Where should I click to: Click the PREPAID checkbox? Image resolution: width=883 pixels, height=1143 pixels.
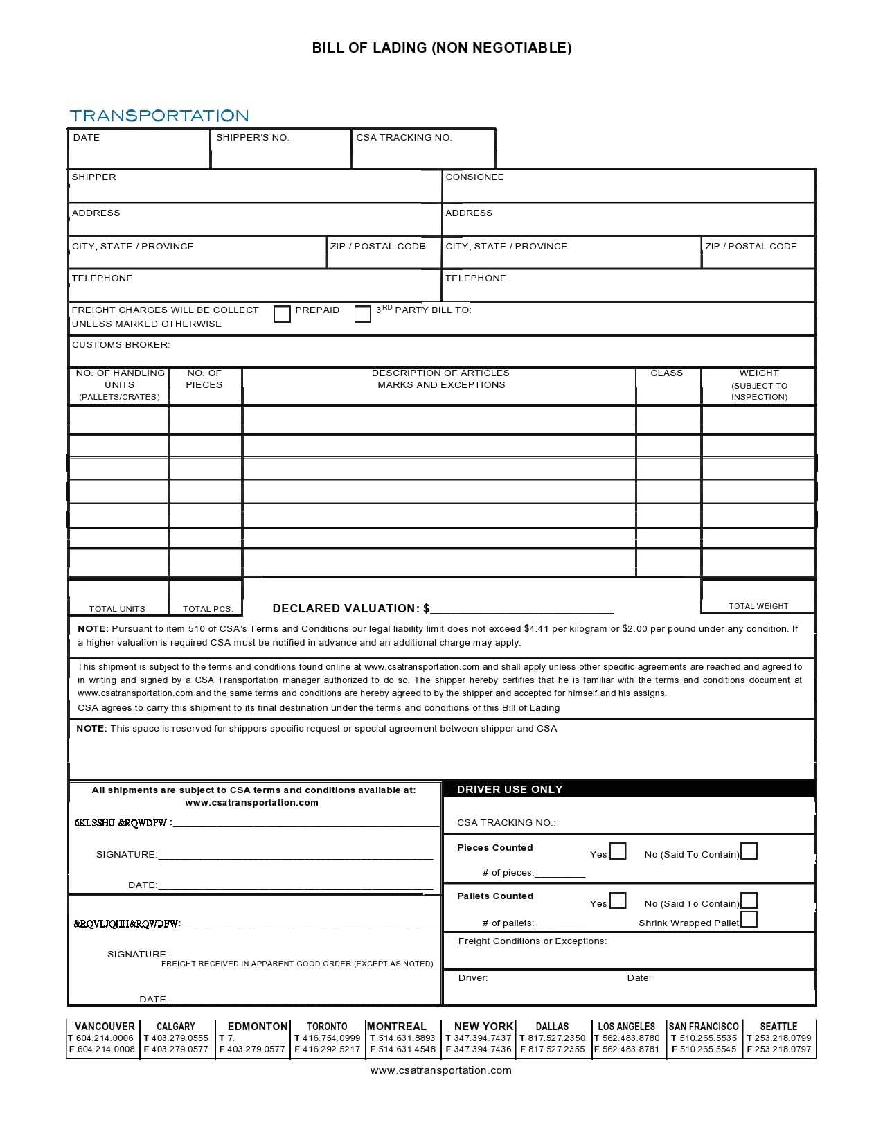pos(282,314)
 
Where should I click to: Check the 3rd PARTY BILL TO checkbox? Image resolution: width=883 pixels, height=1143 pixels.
pos(362,314)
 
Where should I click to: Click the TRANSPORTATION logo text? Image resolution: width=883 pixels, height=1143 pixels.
pos(159,116)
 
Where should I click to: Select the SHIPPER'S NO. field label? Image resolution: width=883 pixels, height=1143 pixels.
pos(252,138)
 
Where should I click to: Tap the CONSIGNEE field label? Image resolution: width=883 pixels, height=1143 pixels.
pos(474,177)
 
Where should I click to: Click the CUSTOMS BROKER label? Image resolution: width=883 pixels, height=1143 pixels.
pos(121,345)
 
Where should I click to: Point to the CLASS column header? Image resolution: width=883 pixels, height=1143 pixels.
pos(666,373)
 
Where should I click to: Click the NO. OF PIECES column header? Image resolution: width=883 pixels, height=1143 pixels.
pos(204,379)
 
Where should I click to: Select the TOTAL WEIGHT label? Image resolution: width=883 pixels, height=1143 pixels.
pos(758,606)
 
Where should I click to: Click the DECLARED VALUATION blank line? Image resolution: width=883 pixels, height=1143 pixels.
pos(522,609)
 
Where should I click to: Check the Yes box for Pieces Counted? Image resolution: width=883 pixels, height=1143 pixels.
pos(618,851)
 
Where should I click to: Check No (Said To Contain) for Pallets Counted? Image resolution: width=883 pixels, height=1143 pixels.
pos(749,901)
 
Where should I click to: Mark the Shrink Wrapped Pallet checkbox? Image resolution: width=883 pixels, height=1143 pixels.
pos(749,920)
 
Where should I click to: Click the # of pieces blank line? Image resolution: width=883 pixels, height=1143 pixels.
pos(560,874)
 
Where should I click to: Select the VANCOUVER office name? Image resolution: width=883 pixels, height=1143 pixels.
pos(105,1027)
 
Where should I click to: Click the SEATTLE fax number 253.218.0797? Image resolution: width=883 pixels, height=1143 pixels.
pos(783,1049)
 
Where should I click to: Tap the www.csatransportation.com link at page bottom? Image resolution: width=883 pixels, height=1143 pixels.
pos(441,1070)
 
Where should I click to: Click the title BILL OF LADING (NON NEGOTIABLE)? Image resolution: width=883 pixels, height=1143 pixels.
pos(441,48)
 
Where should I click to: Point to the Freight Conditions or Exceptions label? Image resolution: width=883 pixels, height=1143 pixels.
pos(532,941)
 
